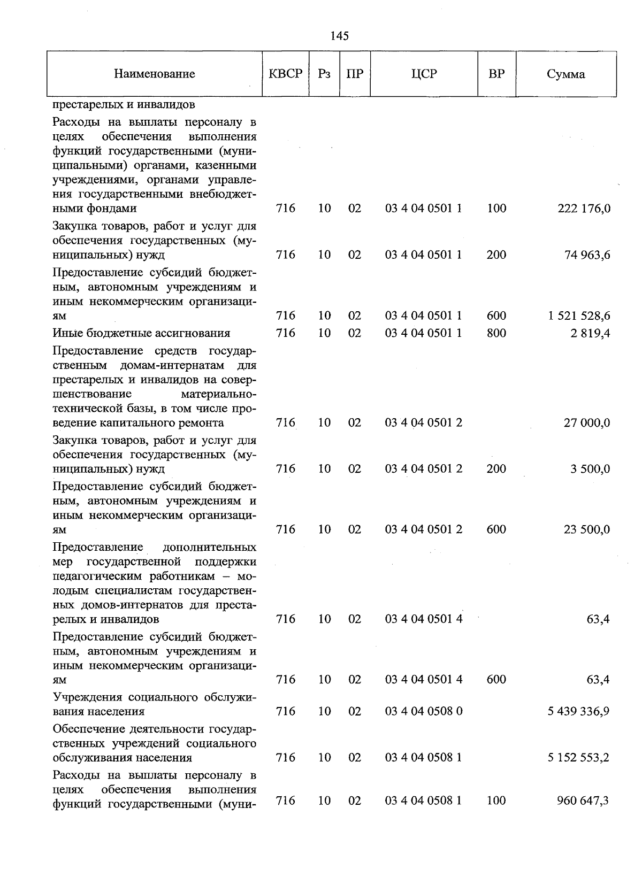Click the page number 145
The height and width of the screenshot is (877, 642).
point(339,36)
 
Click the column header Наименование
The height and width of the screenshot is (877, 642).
point(154,74)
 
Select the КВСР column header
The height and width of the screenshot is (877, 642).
point(285,74)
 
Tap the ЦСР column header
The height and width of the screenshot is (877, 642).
point(424,74)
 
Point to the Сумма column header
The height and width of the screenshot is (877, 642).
point(565,74)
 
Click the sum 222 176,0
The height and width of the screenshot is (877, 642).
point(584,209)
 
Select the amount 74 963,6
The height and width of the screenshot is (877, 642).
point(587,255)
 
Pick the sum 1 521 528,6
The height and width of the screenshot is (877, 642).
point(579,316)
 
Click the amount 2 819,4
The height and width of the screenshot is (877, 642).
point(590,334)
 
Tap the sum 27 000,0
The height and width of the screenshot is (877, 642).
point(587,423)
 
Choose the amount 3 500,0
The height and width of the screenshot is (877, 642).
point(590,469)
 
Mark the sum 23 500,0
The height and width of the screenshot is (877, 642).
point(587,530)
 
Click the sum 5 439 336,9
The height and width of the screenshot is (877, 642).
point(579,712)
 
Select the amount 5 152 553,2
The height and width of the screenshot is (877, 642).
point(579,758)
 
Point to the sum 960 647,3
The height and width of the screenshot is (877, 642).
point(584,801)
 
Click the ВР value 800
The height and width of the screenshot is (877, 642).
point(496,333)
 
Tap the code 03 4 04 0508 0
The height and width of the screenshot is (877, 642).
point(424,711)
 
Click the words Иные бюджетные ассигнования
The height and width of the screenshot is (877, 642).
point(141,333)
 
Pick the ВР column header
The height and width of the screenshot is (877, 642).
point(496,74)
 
